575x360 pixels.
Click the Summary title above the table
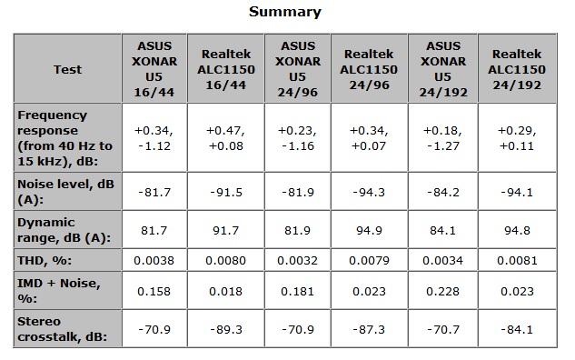point(285,12)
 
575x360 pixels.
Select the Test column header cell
point(67,69)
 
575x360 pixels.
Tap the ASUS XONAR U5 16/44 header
point(154,69)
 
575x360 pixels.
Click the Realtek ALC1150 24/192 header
point(517,69)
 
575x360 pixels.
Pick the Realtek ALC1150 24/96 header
point(369,69)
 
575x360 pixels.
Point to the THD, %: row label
point(45,261)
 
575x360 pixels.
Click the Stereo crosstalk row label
point(62,329)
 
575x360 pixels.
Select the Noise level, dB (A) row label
point(65,192)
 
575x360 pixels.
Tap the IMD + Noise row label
point(59,291)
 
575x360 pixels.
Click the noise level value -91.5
point(226,193)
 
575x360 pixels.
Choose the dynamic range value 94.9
point(369,231)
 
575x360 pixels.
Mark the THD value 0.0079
point(369,261)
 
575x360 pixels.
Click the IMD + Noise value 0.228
point(442,292)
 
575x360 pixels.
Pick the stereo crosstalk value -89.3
point(226,329)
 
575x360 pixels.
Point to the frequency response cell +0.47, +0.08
point(225,138)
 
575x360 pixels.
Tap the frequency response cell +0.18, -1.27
point(442,138)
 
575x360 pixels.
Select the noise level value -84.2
point(443,193)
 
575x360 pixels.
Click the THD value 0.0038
point(154,261)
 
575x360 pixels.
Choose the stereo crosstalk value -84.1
point(517,329)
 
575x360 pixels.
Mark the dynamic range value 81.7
point(154,231)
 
